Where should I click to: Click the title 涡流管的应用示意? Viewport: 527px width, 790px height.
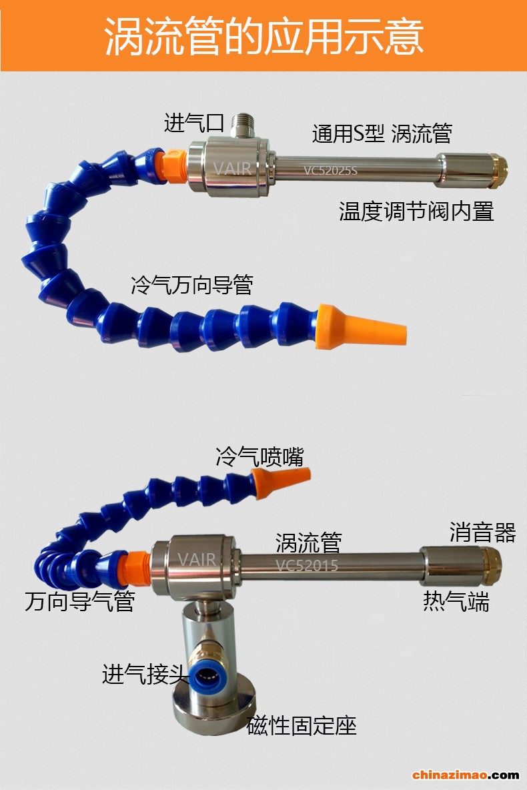[x=263, y=36]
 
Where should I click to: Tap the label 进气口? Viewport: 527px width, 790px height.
[x=193, y=122]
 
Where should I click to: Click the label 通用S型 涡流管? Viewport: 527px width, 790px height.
[x=382, y=133]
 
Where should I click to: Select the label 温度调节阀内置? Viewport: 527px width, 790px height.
[x=416, y=212]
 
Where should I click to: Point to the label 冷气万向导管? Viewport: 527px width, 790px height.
[x=192, y=285]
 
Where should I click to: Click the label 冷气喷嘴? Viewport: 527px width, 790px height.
[x=259, y=457]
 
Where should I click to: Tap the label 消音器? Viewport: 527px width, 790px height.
[x=483, y=532]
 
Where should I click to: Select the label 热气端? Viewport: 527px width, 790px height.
[x=456, y=601]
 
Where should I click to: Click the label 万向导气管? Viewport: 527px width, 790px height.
[x=79, y=601]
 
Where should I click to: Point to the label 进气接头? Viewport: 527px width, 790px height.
[x=145, y=674]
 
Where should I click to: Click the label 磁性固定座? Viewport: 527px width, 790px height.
[x=302, y=726]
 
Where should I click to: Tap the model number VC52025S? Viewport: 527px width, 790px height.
[x=330, y=170]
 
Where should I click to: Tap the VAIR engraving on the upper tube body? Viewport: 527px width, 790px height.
[x=232, y=167]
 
